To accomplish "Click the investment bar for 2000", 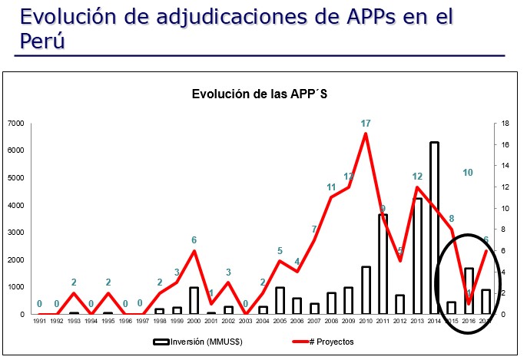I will click(194, 300).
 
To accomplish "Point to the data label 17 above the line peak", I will click(366, 123).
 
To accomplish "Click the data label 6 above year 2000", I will click(194, 240).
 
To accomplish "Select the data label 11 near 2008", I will click(331, 187).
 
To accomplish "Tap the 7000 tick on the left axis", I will click(16, 124).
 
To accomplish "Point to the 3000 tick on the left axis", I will click(16, 233).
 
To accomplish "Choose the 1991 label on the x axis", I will click(39, 322).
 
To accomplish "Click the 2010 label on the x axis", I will click(366, 322).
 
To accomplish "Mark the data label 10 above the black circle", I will click(467, 173).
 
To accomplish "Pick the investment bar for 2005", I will click(280, 300).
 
